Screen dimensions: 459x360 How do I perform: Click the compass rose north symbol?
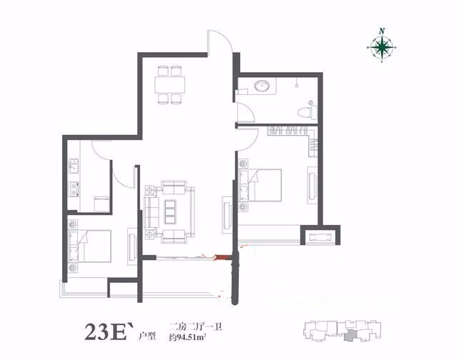tap(381, 46)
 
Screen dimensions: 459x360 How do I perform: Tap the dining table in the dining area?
tap(169, 84)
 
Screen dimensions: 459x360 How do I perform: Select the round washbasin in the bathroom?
tap(262, 86)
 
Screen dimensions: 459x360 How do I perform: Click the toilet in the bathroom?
tap(307, 111)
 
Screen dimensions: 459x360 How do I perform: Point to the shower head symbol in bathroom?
tap(297, 86)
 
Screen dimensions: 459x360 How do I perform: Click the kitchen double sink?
tap(74, 166)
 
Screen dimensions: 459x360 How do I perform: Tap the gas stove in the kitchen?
tap(74, 189)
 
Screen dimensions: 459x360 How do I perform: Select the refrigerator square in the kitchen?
tap(102, 204)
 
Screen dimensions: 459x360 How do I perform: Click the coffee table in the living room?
tap(169, 211)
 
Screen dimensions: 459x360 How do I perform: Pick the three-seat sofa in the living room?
tap(151, 212)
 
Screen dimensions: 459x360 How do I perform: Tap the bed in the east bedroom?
tap(260, 185)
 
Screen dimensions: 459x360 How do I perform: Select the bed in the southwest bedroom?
tap(89, 246)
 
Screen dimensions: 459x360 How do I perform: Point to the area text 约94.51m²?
tap(187, 337)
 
